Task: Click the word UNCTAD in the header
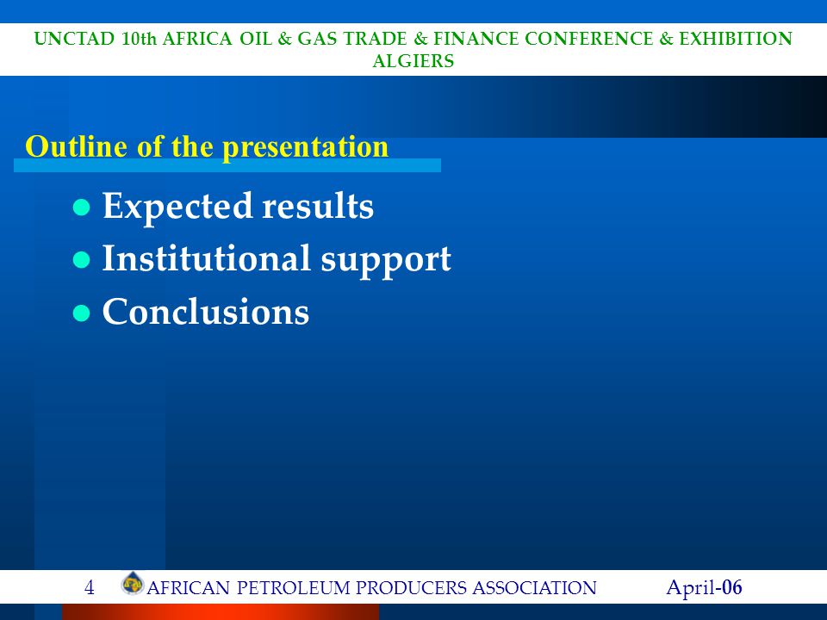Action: tap(74, 39)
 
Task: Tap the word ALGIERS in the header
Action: tap(413, 61)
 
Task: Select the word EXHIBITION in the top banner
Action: tap(735, 39)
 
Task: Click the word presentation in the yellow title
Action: tap(305, 148)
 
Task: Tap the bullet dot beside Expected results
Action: tap(81, 208)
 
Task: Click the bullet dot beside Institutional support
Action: tap(81, 260)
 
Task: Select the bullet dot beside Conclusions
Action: tap(81, 313)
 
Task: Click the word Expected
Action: tap(177, 208)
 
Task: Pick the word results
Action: tap(318, 206)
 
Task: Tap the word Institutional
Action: tap(206, 258)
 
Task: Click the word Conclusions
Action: tap(206, 311)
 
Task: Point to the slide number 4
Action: tap(89, 587)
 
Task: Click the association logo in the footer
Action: tap(133, 584)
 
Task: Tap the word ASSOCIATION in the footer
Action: tap(534, 588)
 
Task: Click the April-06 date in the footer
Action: tap(704, 587)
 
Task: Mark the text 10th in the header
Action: tap(140, 39)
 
